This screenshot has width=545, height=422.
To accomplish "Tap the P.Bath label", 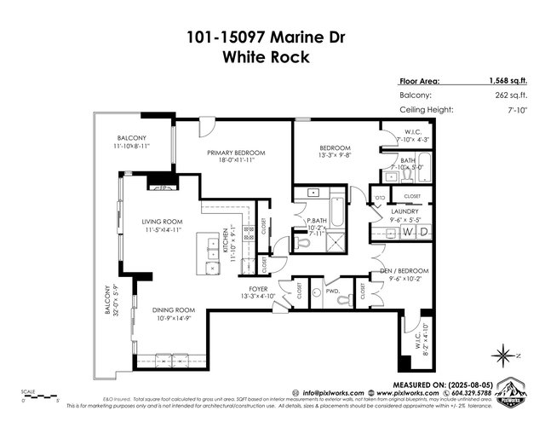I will click(319, 223).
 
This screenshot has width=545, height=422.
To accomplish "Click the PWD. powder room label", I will click(332, 292).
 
